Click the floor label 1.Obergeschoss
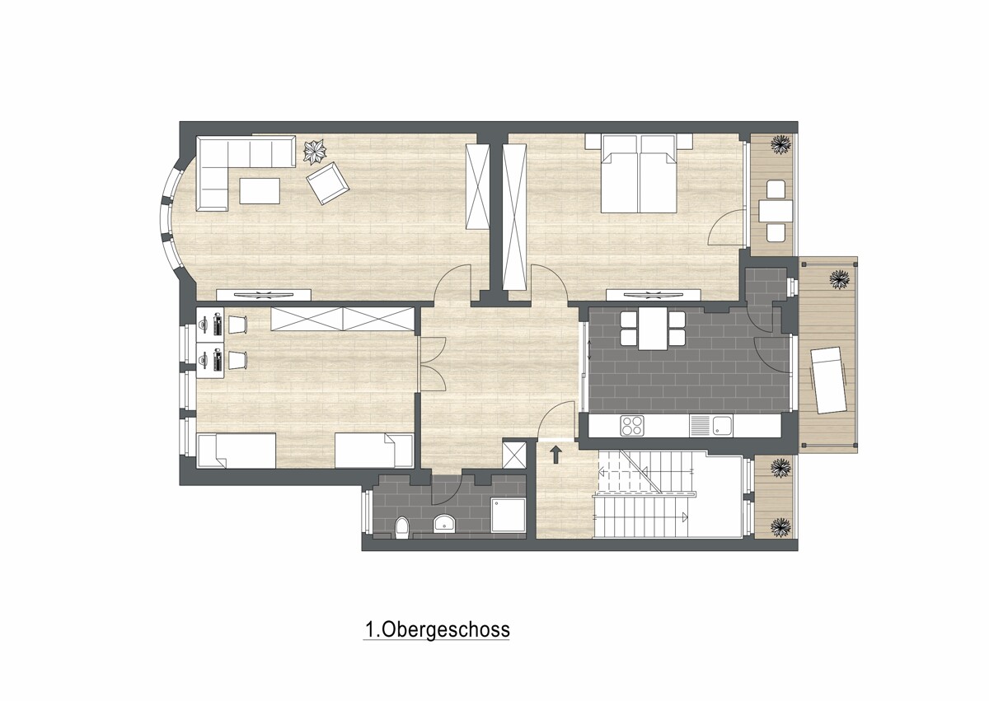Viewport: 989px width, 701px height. pyautogui.click(x=437, y=629)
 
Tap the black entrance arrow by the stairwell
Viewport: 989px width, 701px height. pyautogui.click(x=555, y=455)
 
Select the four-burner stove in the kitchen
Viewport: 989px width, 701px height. pyautogui.click(x=632, y=426)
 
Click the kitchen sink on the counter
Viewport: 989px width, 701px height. pyautogui.click(x=710, y=426)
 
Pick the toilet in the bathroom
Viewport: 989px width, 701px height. pyautogui.click(x=402, y=528)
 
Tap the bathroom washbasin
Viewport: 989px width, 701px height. pyautogui.click(x=444, y=523)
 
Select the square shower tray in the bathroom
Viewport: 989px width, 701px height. pyautogui.click(x=509, y=516)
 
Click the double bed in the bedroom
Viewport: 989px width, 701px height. pyautogui.click(x=639, y=174)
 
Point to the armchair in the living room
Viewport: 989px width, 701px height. pyautogui.click(x=328, y=183)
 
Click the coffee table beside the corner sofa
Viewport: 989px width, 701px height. pyautogui.click(x=260, y=190)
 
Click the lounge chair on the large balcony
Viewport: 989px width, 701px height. pyautogui.click(x=828, y=381)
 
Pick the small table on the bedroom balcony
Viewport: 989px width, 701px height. pyautogui.click(x=776, y=211)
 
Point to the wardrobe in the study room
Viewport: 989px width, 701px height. pyautogui.click(x=343, y=319)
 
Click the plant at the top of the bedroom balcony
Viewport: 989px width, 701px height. pyautogui.click(x=780, y=143)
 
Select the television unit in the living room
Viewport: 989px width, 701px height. pyautogui.click(x=264, y=295)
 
